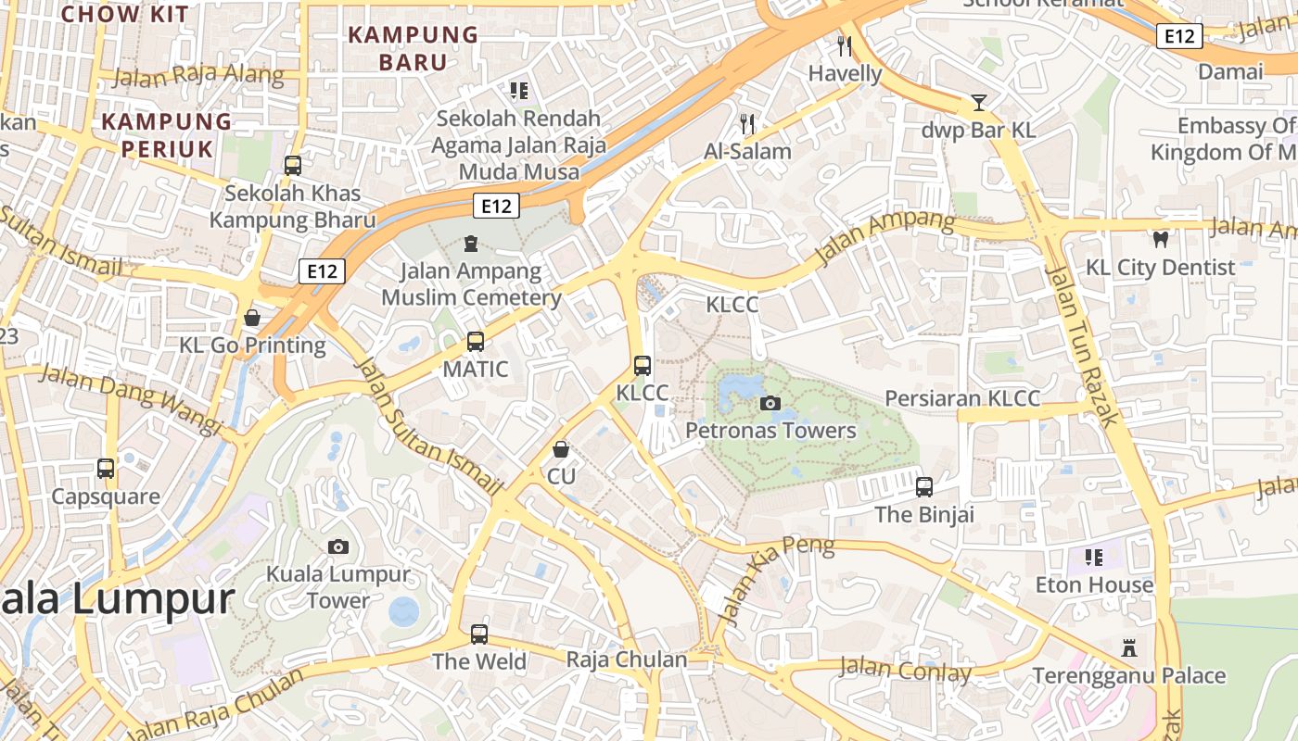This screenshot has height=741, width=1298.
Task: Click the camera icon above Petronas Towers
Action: pos(770,403)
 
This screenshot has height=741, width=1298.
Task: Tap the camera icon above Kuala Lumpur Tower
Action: pos(338,546)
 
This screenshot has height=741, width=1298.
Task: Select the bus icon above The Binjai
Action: pos(924,487)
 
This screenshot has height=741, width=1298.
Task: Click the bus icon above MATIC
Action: pos(476,342)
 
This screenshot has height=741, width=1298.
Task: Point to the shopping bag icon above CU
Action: pos(561,449)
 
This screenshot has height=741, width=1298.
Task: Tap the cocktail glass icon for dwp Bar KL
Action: pos(979,102)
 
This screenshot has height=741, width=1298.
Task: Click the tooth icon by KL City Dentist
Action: pos(1160,239)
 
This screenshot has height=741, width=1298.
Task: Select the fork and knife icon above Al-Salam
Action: pos(747,123)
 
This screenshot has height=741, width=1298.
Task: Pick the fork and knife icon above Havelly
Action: pos(845,45)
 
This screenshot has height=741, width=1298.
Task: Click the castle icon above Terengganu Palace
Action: pos(1128,647)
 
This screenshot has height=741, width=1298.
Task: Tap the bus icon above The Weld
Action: pos(479,634)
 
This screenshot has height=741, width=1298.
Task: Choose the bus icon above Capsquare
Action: pos(106,469)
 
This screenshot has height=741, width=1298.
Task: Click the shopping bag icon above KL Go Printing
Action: pos(252,319)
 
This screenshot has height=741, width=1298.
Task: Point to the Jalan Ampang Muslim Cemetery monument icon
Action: pos(471,244)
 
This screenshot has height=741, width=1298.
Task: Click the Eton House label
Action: pos(1095,585)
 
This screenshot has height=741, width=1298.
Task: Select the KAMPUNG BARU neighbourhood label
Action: pos(413,48)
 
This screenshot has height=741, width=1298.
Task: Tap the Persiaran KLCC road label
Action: pos(962,398)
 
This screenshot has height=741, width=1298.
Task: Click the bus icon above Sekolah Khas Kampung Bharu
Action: pos(293,166)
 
